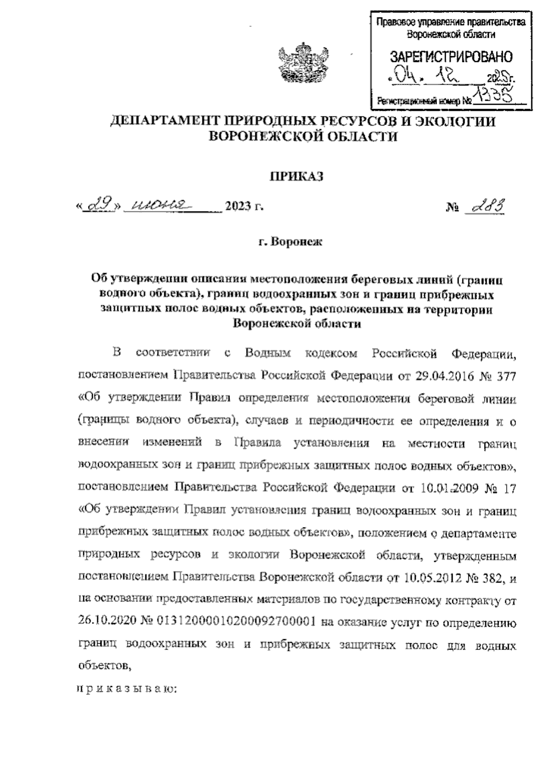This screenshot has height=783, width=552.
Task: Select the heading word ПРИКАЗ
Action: [296, 176]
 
